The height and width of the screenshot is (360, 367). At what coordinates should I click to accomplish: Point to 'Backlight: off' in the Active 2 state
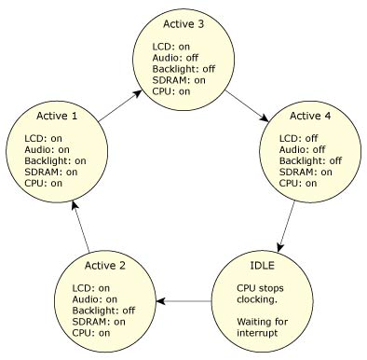pos(103,310)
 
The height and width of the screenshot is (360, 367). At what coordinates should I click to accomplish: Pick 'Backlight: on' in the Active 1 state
pos(55,160)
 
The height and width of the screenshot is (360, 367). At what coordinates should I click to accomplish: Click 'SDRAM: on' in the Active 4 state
pos(292,172)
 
